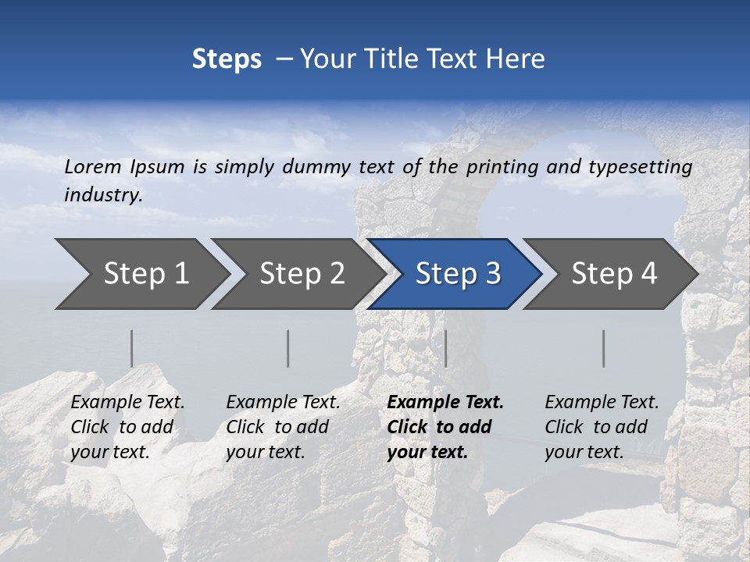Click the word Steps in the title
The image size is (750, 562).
(x=227, y=59)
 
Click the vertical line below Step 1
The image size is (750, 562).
(x=132, y=348)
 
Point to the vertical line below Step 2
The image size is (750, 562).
(x=288, y=348)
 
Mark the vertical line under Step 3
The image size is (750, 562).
(x=446, y=348)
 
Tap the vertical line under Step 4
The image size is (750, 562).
(x=604, y=348)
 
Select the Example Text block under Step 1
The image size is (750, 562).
(x=127, y=426)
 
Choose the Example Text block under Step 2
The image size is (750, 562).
(x=283, y=426)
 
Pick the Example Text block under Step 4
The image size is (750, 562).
(x=602, y=426)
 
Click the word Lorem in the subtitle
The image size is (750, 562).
(x=92, y=167)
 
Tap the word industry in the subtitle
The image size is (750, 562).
(x=102, y=194)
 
